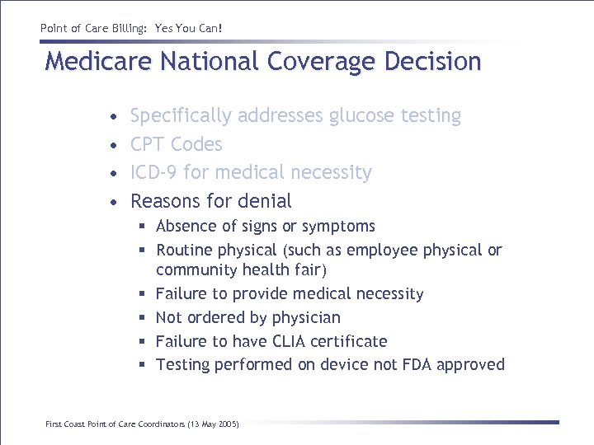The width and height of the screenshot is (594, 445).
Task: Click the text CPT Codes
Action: (x=177, y=144)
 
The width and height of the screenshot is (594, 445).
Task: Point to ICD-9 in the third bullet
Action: (x=154, y=172)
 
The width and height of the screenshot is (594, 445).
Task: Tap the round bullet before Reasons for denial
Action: (x=114, y=202)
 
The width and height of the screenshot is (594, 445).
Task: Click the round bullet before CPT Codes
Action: (x=114, y=145)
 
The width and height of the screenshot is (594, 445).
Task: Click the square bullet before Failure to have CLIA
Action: (x=143, y=341)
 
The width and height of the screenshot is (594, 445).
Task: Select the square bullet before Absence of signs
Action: (x=143, y=227)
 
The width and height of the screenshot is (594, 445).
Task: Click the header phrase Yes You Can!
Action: (x=189, y=29)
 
